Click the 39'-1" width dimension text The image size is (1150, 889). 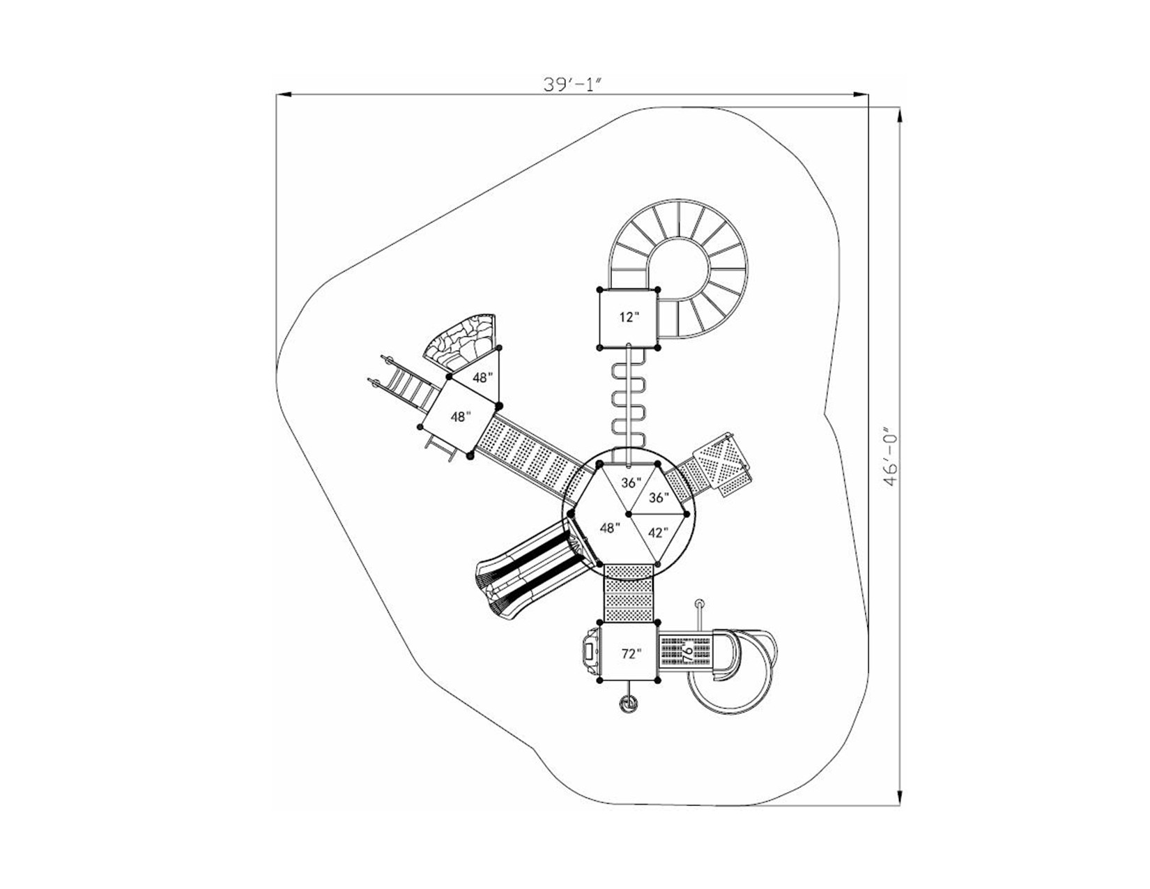pyautogui.click(x=572, y=84)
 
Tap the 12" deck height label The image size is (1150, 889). pyautogui.click(x=629, y=317)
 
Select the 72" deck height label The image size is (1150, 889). pyautogui.click(x=630, y=654)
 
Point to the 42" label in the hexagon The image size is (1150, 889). pyautogui.click(x=657, y=533)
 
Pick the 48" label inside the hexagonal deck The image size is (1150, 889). pyautogui.click(x=609, y=528)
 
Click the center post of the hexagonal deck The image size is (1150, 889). pyautogui.click(x=629, y=514)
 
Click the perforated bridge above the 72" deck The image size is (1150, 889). pyautogui.click(x=629, y=593)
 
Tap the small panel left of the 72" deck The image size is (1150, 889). pyautogui.click(x=589, y=653)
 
